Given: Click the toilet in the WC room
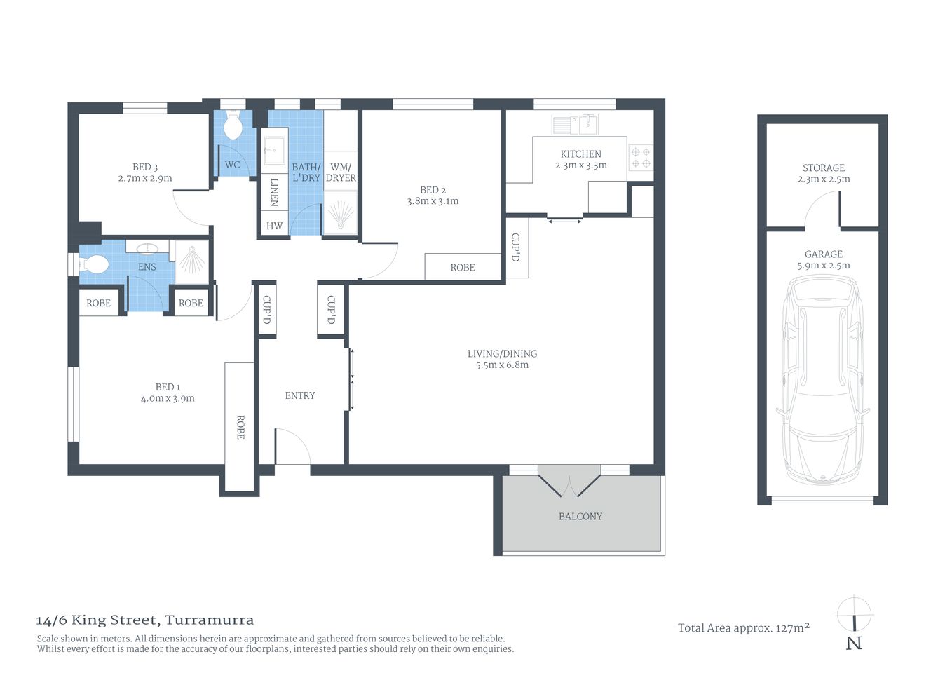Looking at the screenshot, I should [233, 127].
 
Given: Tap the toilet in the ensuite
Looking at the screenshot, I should [95, 264].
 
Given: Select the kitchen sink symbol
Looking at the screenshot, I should [574, 125].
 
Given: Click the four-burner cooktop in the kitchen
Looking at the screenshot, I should [640, 157].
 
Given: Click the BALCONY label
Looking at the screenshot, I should [580, 517].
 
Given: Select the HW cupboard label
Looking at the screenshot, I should [274, 226].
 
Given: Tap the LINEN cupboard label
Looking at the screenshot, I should [274, 191].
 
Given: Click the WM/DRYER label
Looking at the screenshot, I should [341, 172].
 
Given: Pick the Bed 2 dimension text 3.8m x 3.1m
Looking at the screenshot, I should [433, 201].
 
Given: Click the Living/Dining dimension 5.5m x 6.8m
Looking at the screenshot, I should [502, 365].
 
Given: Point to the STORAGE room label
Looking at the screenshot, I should [823, 168].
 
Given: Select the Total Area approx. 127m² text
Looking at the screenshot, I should [744, 628].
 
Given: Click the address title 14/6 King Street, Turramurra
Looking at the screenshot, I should [145, 620].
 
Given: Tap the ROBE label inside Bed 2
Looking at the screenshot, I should [463, 267].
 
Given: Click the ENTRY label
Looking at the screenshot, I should [300, 395].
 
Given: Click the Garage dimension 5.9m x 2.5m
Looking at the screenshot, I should [823, 266].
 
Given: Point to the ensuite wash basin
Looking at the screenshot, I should [147, 248].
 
